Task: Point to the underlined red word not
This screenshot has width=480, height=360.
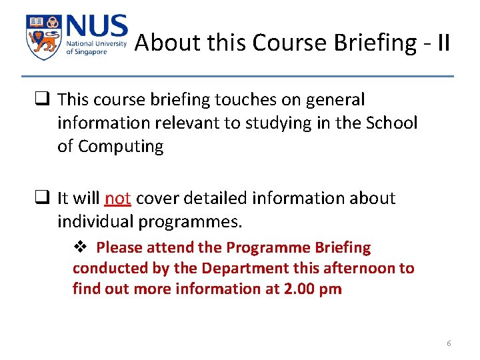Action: (x=118, y=198)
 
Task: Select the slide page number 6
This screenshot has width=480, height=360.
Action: (x=449, y=343)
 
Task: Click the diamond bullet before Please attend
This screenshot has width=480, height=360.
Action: (x=79, y=247)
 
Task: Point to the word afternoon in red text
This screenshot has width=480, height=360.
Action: (x=365, y=269)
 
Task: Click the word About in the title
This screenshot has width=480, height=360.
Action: (x=159, y=43)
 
